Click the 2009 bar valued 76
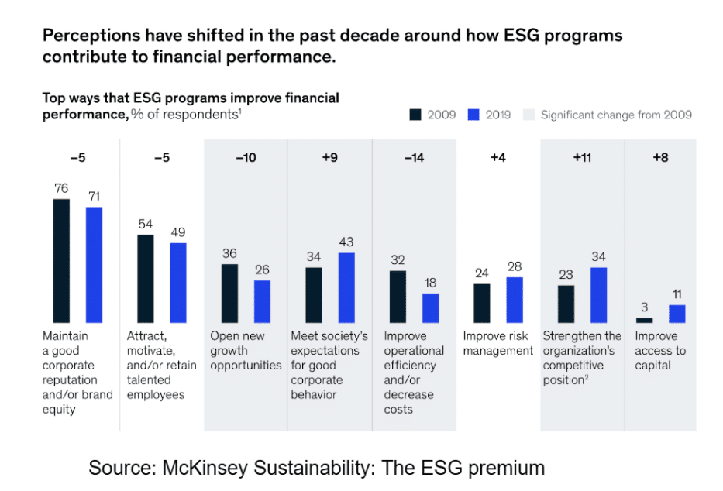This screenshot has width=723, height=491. pyautogui.click(x=61, y=261)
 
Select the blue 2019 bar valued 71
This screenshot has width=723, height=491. pyautogui.click(x=94, y=265)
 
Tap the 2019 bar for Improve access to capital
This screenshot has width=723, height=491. pyautogui.click(x=677, y=314)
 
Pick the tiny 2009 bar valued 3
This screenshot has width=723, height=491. pyautogui.click(x=644, y=320)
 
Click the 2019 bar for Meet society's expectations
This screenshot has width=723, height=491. pyautogui.click(x=346, y=287)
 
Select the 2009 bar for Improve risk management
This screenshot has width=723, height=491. pyautogui.click(x=482, y=303)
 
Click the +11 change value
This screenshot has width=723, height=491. pyautogui.click(x=581, y=158)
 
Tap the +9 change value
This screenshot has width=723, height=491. pyautogui.click(x=329, y=158)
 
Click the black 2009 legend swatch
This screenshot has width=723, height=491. pyautogui.click(x=415, y=115)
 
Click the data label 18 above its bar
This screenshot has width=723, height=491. pyautogui.click(x=431, y=283)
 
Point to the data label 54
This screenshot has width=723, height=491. pyautogui.click(x=145, y=224)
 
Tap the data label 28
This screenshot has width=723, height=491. pyautogui.click(x=515, y=267)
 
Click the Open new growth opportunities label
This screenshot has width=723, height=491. pyautogui.click(x=245, y=350)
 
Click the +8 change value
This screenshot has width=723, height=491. pyautogui.click(x=659, y=158)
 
